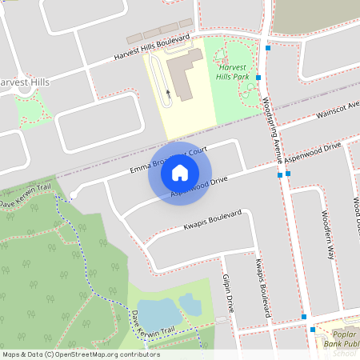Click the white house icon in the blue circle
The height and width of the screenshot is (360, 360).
180,172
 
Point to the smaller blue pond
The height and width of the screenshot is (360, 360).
190,304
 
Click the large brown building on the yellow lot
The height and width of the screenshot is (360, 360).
186,74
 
